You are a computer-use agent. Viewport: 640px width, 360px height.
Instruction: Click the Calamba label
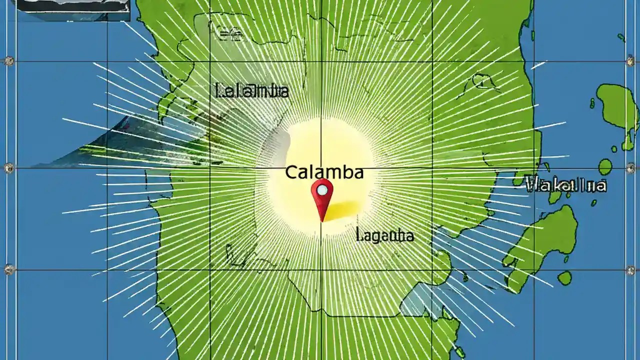pyautogui.click(x=324, y=172)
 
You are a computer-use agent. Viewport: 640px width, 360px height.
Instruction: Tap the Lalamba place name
pyautogui.click(x=251, y=91)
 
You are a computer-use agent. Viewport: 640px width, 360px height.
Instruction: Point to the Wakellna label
pyautogui.click(x=566, y=185)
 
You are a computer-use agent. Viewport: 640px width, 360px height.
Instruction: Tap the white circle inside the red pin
pyautogui.click(x=322, y=189)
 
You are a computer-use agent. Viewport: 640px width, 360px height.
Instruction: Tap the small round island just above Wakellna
pyautogui.click(x=605, y=166)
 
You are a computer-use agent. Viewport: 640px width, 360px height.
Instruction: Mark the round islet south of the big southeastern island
pyautogui.click(x=564, y=278)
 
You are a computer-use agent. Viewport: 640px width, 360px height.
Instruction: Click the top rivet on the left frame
pyautogui.click(x=9, y=61)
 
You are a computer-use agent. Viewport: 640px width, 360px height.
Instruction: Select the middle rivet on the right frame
pyautogui.click(x=630, y=167)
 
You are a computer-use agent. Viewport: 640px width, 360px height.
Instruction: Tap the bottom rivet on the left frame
pyautogui.click(x=9, y=269)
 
